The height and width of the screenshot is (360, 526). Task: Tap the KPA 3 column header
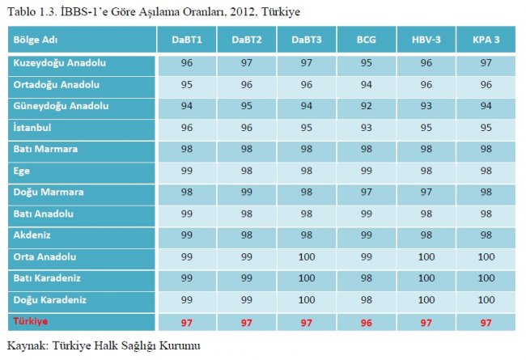tap(486, 40)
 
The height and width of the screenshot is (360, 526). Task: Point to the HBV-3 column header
tap(426, 40)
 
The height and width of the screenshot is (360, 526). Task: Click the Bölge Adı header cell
tap(36, 40)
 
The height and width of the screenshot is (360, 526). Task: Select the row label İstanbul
tap(32, 128)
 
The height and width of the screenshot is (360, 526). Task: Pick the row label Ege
tap(22, 171)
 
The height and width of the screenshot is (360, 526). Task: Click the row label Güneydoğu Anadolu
tap(61, 106)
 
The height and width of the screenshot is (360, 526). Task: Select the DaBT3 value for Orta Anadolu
tap(306, 258)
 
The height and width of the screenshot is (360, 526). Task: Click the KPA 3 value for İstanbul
tap(486, 128)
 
